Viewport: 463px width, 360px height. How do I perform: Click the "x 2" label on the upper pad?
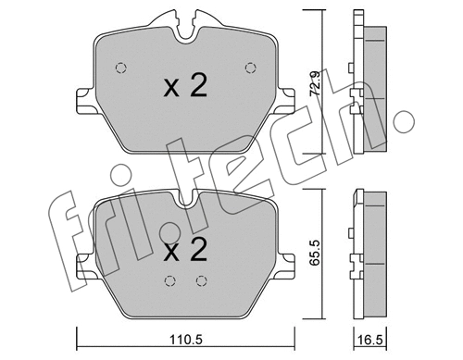click(x=184, y=88)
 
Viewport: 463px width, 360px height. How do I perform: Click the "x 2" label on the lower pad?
click(x=184, y=251)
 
